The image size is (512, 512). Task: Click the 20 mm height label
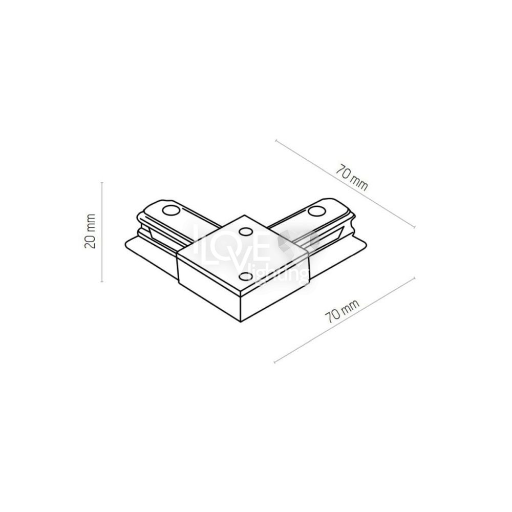coord(90,231)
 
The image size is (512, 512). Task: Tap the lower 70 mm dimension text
coord(342,311)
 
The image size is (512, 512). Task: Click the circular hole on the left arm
coord(171,210)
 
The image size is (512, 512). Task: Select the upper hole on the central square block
coord(246,232)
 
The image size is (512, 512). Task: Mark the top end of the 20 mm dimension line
coord(102,182)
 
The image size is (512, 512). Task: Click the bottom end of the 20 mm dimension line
coord(102,282)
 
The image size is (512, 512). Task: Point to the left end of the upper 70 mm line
coord(276,140)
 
